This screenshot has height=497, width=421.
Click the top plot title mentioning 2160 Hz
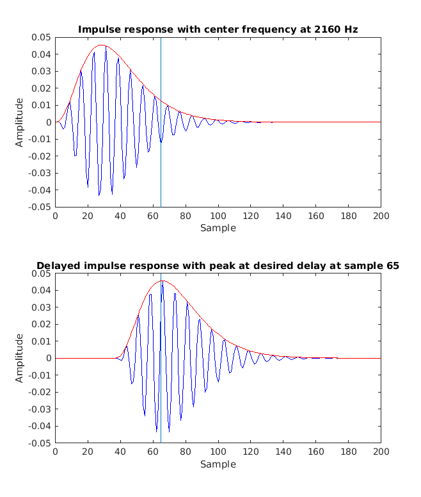218,29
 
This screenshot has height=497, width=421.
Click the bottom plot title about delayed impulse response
218,266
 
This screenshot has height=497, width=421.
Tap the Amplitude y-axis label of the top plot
20,122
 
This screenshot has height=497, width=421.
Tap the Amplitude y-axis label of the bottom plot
20,358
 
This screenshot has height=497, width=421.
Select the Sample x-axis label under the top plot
218,228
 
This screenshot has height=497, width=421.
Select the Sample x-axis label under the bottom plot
218,464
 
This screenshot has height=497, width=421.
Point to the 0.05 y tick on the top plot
41,37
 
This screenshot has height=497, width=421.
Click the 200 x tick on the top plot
381,216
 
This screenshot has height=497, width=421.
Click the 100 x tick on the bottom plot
218,452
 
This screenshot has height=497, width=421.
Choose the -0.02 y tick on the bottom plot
39,392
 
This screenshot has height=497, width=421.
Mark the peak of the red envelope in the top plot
102,45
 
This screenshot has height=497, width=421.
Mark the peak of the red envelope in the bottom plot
163,281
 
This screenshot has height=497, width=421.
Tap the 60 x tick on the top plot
153,216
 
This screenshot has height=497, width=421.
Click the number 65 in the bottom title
392,266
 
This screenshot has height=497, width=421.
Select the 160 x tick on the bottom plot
315,452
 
